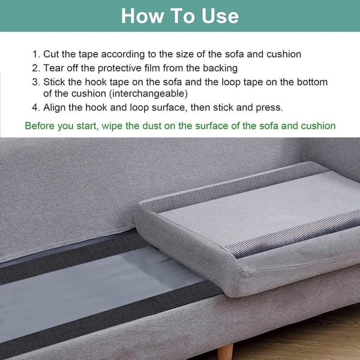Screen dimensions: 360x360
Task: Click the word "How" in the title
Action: tap(142, 16)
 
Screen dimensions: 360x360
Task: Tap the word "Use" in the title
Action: tap(220, 16)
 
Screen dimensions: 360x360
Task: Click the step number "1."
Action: tap(36, 54)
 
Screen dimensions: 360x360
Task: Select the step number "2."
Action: tap(36, 68)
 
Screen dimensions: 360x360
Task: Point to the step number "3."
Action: tap(36, 82)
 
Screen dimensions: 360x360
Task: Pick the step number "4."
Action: tap(36, 107)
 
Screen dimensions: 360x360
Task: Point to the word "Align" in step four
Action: tap(54, 107)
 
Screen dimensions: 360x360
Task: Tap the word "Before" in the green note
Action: tap(40, 126)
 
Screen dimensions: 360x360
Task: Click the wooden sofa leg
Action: tap(225, 352)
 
